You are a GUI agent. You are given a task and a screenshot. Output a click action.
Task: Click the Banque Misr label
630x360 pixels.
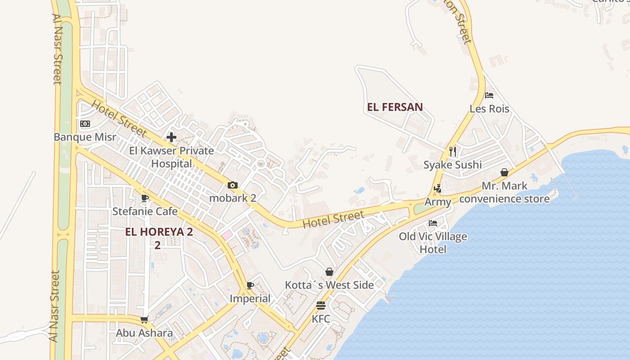pos(85,137)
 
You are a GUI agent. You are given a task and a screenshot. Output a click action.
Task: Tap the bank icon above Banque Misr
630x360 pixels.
pos(85,124)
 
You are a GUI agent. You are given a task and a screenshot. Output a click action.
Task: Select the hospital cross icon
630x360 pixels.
pos(171,137)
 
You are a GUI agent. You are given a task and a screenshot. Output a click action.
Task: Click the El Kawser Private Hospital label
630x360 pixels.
pos(171,157)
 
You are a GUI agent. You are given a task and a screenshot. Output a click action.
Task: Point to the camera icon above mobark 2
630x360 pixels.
pos(233,185)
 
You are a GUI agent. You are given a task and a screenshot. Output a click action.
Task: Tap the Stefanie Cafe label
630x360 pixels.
pos(145,211)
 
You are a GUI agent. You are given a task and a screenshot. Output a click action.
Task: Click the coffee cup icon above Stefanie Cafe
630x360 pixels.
pos(145,198)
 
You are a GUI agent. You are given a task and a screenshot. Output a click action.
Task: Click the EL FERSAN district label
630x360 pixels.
pos(395,107)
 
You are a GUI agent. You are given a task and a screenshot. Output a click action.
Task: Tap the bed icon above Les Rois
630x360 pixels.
pos(489,95)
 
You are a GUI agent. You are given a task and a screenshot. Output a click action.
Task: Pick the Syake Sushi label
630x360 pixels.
pos(452,165)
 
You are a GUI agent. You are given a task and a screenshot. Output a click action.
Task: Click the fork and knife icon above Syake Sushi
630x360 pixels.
pos(453,151)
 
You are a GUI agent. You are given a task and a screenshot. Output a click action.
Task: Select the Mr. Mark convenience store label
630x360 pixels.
pos(504,192)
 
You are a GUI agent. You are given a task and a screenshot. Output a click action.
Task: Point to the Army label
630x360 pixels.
pos(437,202)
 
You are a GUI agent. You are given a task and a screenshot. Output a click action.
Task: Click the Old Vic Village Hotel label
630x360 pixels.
pos(432,243)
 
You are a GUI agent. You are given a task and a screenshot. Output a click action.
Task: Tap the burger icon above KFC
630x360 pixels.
pos(321,306)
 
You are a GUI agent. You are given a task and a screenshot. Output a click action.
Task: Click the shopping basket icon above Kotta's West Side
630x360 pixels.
pos(329,272)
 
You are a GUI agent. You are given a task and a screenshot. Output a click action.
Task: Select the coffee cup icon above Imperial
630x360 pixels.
pos(250,285)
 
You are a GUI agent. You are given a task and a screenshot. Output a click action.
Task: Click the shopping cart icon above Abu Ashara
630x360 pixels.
pos(144,319)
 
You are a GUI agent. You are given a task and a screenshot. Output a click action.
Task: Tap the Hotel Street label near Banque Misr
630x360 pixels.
pos(119,119)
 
